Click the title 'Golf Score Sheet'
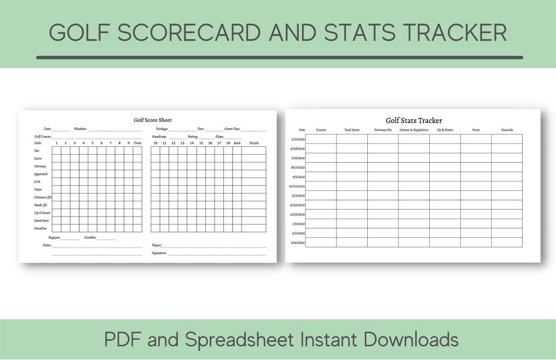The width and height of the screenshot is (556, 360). coord(153,120)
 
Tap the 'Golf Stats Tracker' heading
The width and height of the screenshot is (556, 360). coord(414,120)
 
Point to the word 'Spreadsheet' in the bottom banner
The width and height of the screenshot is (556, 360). coord(239,339)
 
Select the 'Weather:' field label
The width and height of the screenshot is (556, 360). coord(80,129)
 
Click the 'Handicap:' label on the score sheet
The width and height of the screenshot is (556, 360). coord(159,137)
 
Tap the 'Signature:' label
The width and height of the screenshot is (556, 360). coord(159,253)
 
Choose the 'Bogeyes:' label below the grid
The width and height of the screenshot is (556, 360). coord(54,238)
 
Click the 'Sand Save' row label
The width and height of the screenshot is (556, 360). coord(41,220)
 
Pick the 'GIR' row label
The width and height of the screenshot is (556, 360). coord(37,182)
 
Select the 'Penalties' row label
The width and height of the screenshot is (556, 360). coord(40,228)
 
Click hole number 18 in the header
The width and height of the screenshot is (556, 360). coord(228,143)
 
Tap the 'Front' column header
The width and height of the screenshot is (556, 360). coord(138,143)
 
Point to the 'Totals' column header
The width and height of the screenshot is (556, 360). coord(254,143)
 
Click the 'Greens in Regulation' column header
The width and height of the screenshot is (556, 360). coord(414,130)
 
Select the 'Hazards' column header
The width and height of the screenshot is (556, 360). coord(507,130)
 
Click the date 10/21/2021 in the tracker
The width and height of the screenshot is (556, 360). coord(297,186)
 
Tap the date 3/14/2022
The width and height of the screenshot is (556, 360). coord(298,242)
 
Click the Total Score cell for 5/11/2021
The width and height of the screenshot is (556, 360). coord(352,139)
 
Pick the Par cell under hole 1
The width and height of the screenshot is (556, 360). coord(57,151)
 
